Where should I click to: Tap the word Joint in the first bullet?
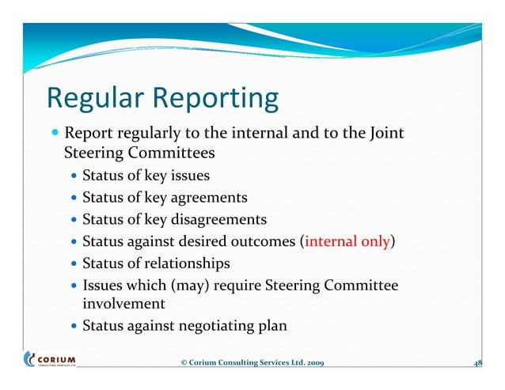click(x=385, y=133)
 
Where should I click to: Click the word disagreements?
click(x=217, y=219)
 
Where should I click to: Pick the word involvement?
click(x=123, y=303)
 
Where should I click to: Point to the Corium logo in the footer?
click(x=50, y=359)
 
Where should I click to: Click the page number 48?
click(x=477, y=362)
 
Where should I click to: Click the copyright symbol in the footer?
click(x=184, y=362)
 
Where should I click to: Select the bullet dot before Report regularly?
click(x=51, y=133)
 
